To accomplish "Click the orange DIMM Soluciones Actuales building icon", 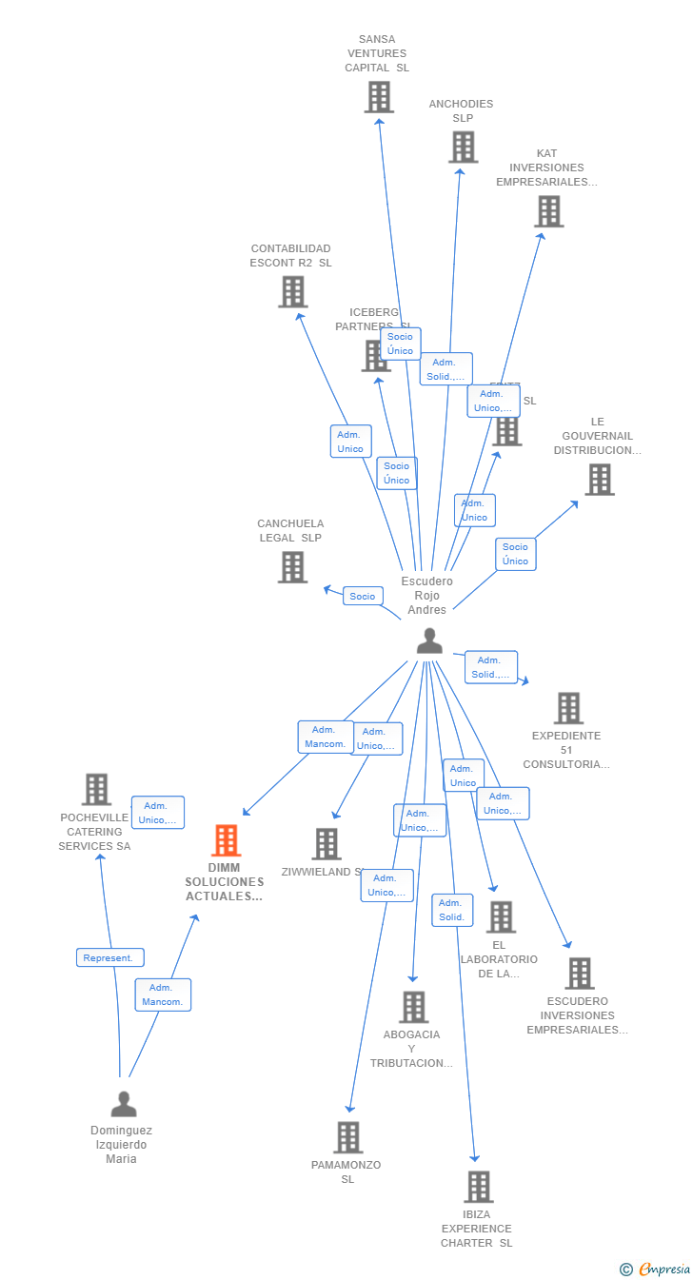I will [x=226, y=840].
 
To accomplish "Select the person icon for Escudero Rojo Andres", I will [x=429, y=641].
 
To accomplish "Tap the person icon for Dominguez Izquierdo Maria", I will [x=124, y=1104].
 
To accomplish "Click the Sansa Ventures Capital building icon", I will [x=379, y=97].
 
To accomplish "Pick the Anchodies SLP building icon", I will [x=464, y=148].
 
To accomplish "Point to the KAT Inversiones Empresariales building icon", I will [x=548, y=211].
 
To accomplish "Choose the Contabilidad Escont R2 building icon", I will [x=292, y=292].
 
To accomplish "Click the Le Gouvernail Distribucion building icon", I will [x=599, y=480].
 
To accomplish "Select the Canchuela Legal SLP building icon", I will [x=292, y=567].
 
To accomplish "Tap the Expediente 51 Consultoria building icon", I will [x=568, y=708].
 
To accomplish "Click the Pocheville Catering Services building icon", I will [x=96, y=789].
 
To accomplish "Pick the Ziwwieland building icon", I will [x=327, y=844].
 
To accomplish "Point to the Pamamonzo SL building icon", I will [x=348, y=1137].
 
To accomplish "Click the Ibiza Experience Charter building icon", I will [x=478, y=1187].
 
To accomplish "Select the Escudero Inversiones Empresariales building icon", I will [x=579, y=974].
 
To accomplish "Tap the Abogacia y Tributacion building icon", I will [x=413, y=1007].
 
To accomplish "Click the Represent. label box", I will [x=110, y=957].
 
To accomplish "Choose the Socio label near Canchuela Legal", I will [x=363, y=597].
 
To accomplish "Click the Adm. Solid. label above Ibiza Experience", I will [x=451, y=910].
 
